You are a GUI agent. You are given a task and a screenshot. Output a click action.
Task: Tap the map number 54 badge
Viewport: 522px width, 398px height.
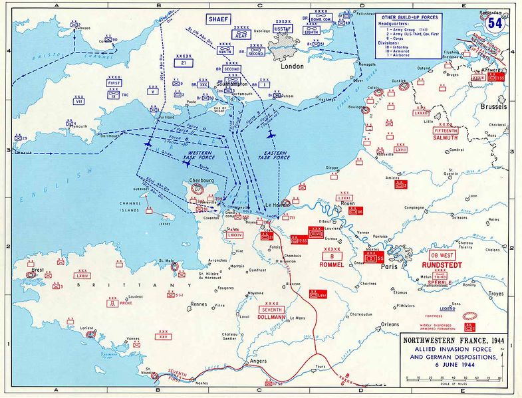495,23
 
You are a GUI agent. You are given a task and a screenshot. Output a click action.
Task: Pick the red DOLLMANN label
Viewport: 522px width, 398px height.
272,318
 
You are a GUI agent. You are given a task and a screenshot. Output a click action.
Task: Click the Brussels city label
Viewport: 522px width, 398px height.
492,106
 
